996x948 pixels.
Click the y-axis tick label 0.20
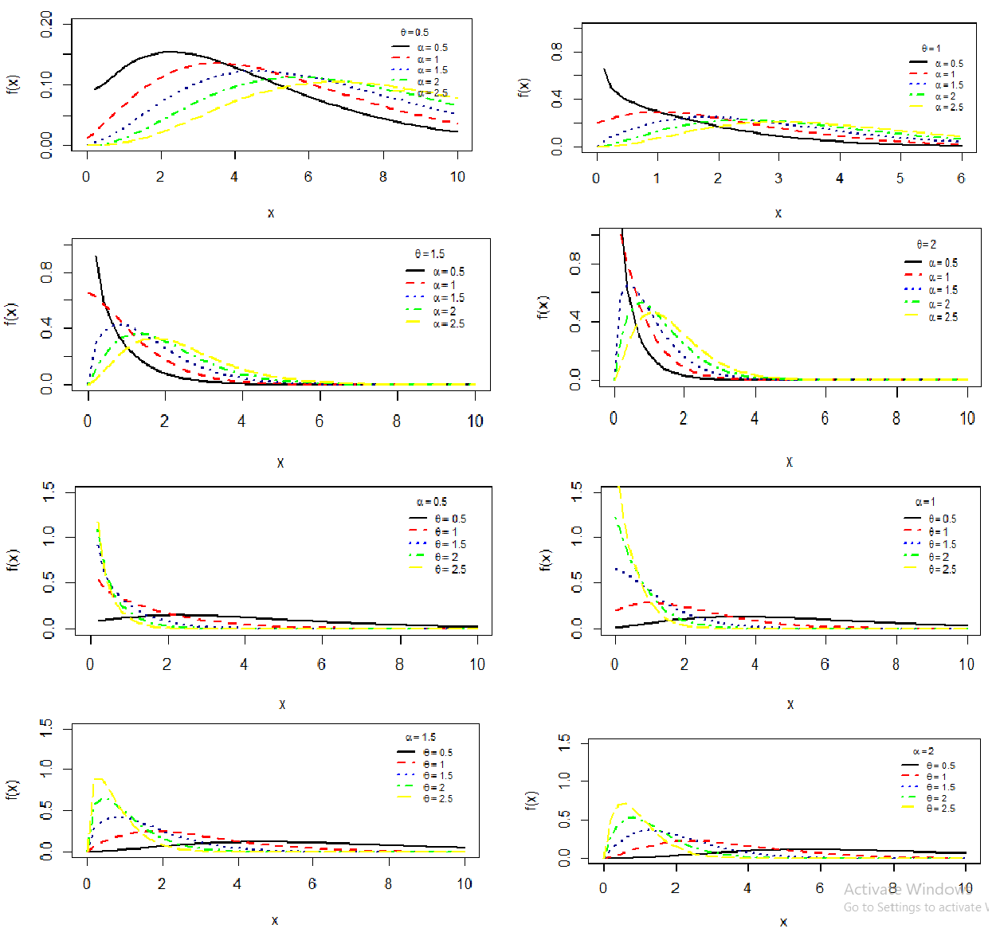pos(46,24)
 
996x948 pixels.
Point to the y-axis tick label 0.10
pos(46,84)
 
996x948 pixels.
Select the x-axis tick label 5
pos(900,178)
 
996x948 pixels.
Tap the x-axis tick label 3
pos(778,178)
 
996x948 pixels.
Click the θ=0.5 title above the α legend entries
pos(414,33)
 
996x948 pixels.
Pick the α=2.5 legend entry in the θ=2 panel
pos(943,317)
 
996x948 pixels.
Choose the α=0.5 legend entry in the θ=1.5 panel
pos(449,272)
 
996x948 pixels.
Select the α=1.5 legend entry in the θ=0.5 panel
pos(433,70)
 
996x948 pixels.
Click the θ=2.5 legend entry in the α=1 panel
pos(942,570)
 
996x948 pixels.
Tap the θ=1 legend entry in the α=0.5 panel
pos(445,531)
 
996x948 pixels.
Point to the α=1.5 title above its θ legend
pos(421,737)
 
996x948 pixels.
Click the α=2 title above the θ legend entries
pos(923,751)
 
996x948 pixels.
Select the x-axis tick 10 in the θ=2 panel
pos(967,418)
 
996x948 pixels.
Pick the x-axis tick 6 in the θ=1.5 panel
pos(319,421)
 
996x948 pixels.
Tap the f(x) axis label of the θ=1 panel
pos(523,88)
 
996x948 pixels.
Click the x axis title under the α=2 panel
pos(783,922)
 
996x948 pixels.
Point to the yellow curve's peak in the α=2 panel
pos(623,803)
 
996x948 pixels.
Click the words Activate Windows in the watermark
pos(908,889)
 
